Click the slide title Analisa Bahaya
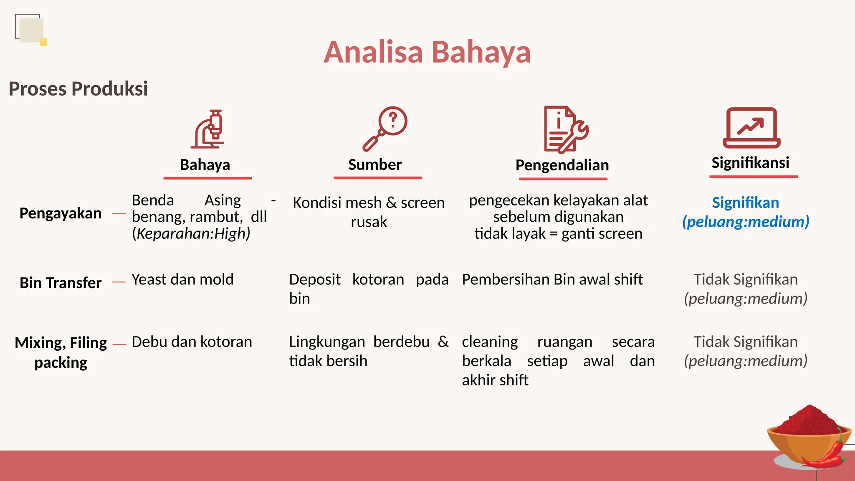pos(427,53)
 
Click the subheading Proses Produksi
pos(78,89)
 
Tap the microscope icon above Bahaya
pos(208,129)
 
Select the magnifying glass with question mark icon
pos(385,128)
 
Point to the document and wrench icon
pos(565,129)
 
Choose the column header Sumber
pos(375,165)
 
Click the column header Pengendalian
pos(562,165)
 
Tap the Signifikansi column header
pos(750,162)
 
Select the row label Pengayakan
pos(61,213)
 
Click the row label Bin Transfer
pos(61,283)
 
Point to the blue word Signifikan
pos(745,203)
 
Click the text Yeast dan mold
pos(182,279)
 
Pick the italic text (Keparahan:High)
pos(191,233)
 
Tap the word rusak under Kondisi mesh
pos(369,222)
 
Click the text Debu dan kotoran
pos(192,342)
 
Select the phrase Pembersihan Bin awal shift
pos(552,279)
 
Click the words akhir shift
pos(495,380)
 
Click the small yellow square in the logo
pos(43,42)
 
